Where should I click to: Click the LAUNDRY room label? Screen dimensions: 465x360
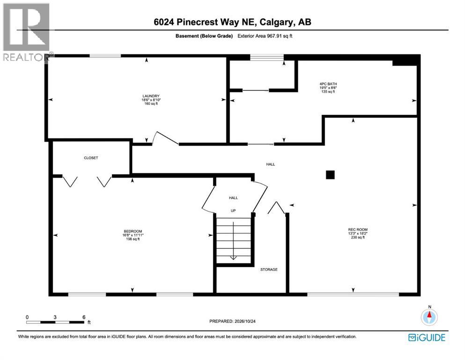151,96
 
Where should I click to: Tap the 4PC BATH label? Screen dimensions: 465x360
328,84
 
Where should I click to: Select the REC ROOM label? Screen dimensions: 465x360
358,229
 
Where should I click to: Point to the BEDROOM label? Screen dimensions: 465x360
133,231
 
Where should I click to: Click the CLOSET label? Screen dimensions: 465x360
91,158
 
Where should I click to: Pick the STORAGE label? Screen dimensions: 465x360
269,270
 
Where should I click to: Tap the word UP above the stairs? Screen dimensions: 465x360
233,211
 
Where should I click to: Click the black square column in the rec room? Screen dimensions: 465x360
330,174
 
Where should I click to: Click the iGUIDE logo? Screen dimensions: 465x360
427,337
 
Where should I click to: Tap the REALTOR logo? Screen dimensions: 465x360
27,32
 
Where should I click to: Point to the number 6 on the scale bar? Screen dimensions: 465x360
84,317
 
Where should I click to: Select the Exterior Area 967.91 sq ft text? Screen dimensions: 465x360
265,36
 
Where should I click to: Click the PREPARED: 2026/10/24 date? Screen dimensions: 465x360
232,321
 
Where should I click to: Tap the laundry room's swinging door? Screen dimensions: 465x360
165,138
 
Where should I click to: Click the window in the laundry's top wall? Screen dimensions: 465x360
105,55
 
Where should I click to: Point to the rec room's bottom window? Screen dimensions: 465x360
353,294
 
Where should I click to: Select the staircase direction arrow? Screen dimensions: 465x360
233,240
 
